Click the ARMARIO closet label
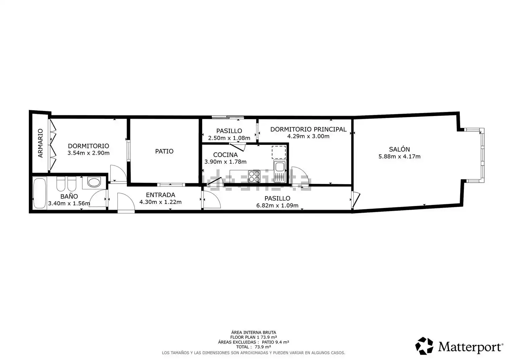coord(40,143)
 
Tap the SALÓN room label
coord(399,149)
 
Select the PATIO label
coord(164,151)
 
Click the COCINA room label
coord(225,155)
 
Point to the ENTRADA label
coord(161,195)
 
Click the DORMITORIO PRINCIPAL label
coord(308,129)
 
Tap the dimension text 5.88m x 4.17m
coord(399,156)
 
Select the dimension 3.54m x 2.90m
coord(88,153)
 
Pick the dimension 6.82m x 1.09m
coord(277,206)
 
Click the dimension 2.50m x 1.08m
coord(229,138)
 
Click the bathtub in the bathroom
coord(40,193)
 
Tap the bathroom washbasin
coord(94,182)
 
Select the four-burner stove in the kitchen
coord(254,176)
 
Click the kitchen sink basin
coord(280,167)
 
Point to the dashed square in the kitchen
coord(279,152)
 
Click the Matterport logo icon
coord(424,346)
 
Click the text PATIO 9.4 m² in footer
coord(275,342)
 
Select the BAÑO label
coord(69,196)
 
